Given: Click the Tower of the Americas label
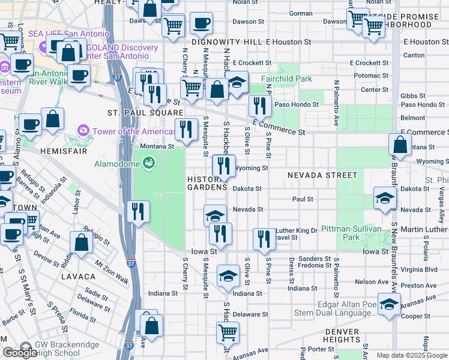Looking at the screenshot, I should coord(125,131).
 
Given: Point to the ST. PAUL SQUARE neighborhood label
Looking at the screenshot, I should coord(145,113).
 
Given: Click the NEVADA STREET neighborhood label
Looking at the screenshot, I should coord(322,175).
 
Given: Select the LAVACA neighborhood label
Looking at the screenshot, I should coord(78,277).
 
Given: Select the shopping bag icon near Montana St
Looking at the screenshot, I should coord(400,144).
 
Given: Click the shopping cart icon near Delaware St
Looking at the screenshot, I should coord(228,332).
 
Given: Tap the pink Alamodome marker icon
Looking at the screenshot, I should coord(148,163).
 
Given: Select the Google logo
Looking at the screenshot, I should coord(20,353).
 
